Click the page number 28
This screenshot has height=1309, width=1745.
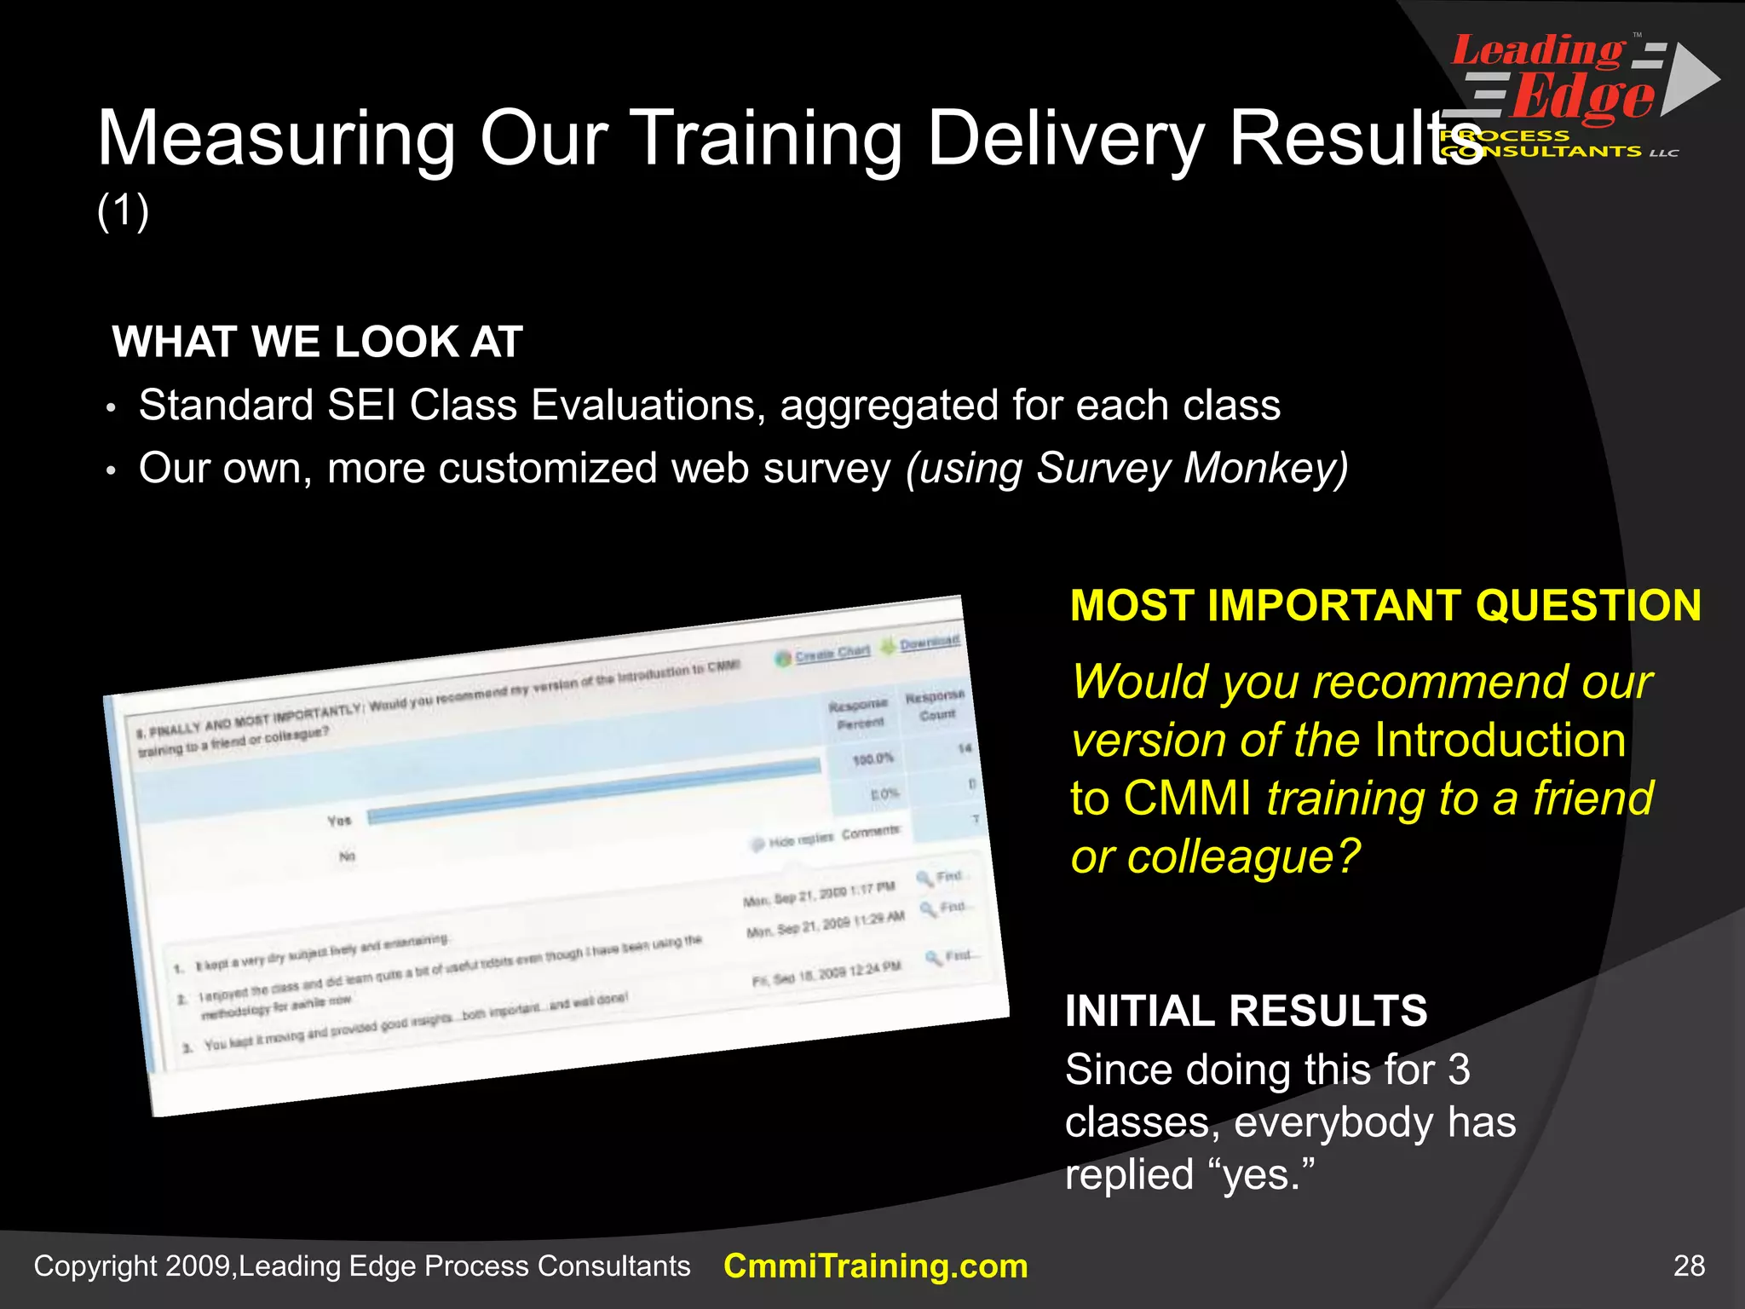pyautogui.click(x=1689, y=1266)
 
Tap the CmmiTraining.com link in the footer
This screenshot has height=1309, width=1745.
pyautogui.click(x=875, y=1266)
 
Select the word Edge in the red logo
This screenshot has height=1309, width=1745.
pyautogui.click(x=1583, y=98)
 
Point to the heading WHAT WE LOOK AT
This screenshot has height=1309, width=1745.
pyautogui.click(x=317, y=342)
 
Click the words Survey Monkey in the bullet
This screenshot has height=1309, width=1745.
pyautogui.click(x=1188, y=468)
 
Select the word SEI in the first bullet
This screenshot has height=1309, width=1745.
pyautogui.click(x=361, y=405)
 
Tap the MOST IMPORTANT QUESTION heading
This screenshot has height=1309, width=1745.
pyautogui.click(x=1385, y=606)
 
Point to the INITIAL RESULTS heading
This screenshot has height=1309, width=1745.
pyautogui.click(x=1246, y=1012)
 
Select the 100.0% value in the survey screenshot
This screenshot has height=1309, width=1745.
pyautogui.click(x=872, y=758)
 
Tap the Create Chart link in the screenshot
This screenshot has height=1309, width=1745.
pyautogui.click(x=831, y=653)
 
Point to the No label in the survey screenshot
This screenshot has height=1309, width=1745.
pyautogui.click(x=347, y=856)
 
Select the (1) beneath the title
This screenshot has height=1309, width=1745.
pyautogui.click(x=124, y=210)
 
